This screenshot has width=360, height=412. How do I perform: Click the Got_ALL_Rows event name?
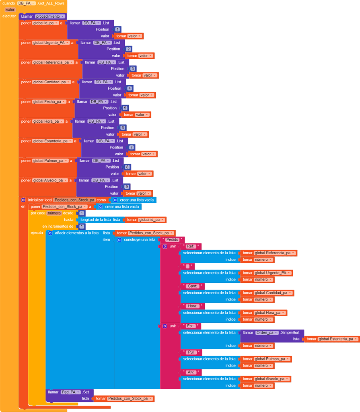click(x=51, y=3)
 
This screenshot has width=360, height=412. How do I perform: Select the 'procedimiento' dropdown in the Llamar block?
click(x=50, y=16)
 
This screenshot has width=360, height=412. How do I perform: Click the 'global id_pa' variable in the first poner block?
click(x=45, y=23)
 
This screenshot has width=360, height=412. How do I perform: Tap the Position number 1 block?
click(x=117, y=29)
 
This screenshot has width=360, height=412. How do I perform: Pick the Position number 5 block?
click(x=125, y=108)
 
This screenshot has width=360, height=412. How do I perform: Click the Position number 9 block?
click(x=126, y=187)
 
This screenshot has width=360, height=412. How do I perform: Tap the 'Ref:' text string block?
click(x=191, y=246)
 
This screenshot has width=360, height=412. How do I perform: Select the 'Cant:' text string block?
click(x=192, y=286)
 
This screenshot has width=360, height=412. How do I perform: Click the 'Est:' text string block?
click(x=191, y=326)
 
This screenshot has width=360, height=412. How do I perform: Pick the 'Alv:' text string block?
click(x=191, y=372)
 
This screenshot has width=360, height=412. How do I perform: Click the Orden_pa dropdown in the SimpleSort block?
click(x=267, y=333)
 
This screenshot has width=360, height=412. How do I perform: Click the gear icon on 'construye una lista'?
click(x=119, y=240)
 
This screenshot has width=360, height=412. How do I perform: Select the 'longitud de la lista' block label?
click(x=96, y=220)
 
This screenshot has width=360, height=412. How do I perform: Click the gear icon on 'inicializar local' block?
click(x=23, y=200)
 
